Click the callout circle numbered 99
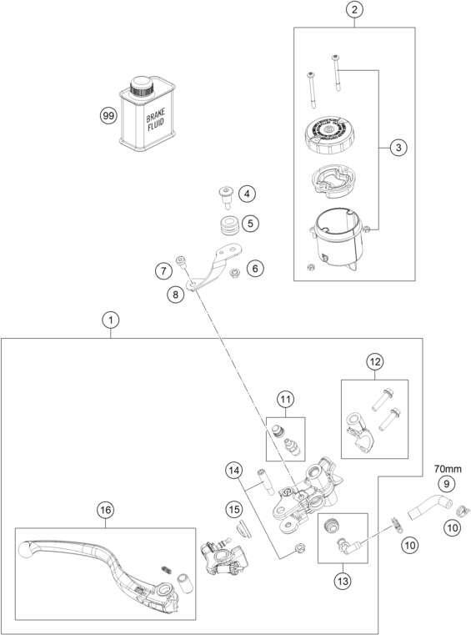pyautogui.click(x=108, y=116)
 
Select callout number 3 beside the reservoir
pyautogui.click(x=398, y=148)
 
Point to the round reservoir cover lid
pyautogui.click(x=327, y=134)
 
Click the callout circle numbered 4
pyautogui.click(x=247, y=194)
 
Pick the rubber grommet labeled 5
pyautogui.click(x=229, y=225)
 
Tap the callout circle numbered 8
pyautogui.click(x=175, y=295)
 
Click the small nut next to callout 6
pyautogui.click(x=234, y=273)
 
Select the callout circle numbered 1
pyautogui.click(x=111, y=320)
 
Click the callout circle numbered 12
pyautogui.click(x=374, y=361)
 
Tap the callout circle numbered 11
pyautogui.click(x=285, y=400)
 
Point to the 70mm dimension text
pyautogui.click(x=448, y=469)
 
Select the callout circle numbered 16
pyautogui.click(x=105, y=510)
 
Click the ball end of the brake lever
pyautogui.click(x=26, y=550)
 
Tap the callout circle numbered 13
pyautogui.click(x=343, y=582)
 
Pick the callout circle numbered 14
pyautogui.click(x=234, y=471)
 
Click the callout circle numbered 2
pyautogui.click(x=354, y=10)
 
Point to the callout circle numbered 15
pyautogui.click(x=234, y=510)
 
